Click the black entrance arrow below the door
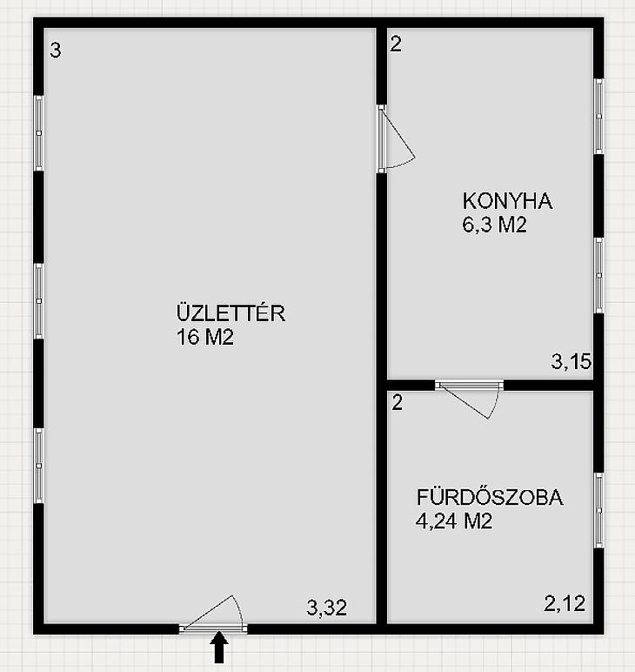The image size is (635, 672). [219, 647]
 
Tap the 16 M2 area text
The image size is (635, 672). [205, 337]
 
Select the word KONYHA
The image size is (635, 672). [507, 201]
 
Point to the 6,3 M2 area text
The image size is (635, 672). [494, 224]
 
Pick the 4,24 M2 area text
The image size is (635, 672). [454, 521]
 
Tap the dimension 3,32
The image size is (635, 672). [327, 608]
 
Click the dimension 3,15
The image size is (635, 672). [571, 361]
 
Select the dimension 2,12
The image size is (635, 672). [565, 603]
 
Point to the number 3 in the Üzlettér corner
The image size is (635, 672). [55, 50]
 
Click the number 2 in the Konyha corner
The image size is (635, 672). [396, 44]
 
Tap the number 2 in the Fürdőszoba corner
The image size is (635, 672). [398, 402]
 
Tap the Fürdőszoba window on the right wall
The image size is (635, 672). [599, 510]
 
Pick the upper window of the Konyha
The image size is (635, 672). [599, 116]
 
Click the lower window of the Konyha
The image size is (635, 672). [599, 275]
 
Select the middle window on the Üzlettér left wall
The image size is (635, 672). [39, 301]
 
